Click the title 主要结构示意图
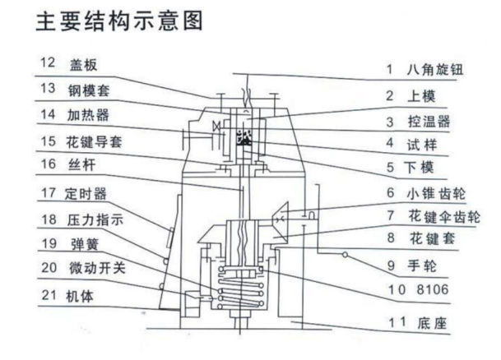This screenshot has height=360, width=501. click(x=119, y=21)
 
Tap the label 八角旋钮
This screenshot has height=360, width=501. click(x=435, y=69)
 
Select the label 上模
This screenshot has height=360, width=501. click(x=421, y=95)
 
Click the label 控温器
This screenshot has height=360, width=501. click(x=429, y=122)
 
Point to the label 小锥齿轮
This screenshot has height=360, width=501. click(x=436, y=193)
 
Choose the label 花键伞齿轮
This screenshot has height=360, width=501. click(x=444, y=216)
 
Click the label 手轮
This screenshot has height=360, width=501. click(x=422, y=265)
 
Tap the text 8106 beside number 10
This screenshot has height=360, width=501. click(x=433, y=289)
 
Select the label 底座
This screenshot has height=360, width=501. click(x=432, y=323)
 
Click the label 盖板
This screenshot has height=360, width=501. click(x=83, y=65)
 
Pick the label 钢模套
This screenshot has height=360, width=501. click(x=89, y=90)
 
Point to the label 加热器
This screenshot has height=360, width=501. click(x=88, y=115)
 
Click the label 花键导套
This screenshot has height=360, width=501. click(x=94, y=141)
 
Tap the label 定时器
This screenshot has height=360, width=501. click(x=86, y=194)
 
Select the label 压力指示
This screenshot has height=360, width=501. click(x=95, y=220)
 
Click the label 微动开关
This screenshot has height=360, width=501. click(x=97, y=267)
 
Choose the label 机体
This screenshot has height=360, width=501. click(x=80, y=296)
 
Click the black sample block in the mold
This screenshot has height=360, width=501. click(x=244, y=137)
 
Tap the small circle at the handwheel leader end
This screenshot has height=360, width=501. click(x=345, y=255)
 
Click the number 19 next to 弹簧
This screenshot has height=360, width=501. click(x=49, y=243)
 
